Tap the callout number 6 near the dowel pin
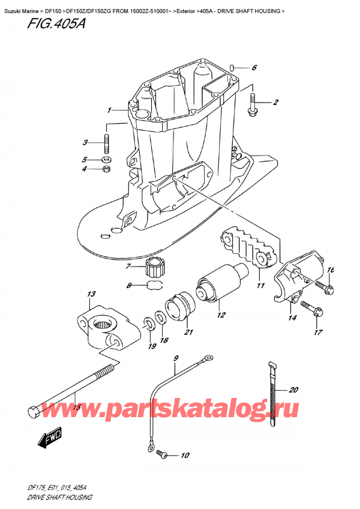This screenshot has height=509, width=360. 254,68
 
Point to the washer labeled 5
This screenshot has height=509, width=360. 107,160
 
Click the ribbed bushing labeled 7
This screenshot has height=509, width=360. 155,265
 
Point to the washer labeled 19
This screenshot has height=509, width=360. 147,327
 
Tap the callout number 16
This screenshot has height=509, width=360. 330,270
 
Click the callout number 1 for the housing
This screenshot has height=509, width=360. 109,110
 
